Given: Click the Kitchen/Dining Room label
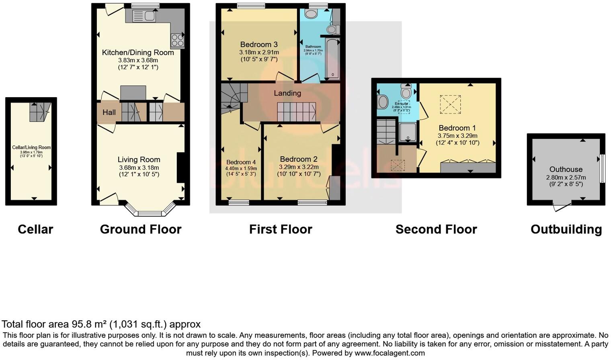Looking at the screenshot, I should coord(138,53).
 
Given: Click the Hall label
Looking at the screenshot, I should coord(109,112).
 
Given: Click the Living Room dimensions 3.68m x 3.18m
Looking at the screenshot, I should coord(139,168).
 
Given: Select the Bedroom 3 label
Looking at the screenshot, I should coord(259,45).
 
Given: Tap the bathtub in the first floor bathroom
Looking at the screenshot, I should coord(332,59).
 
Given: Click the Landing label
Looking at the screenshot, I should coord(287,93).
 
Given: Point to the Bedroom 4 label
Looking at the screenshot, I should coord(241,162).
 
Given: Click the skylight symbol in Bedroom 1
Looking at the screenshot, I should coord(450,104).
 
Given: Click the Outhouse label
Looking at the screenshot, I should coord(566,170).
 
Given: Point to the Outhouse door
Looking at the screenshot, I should coord(562,207).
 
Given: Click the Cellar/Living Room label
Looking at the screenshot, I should coord(31,147).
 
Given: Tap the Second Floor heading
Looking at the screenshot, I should coord(436,229).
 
